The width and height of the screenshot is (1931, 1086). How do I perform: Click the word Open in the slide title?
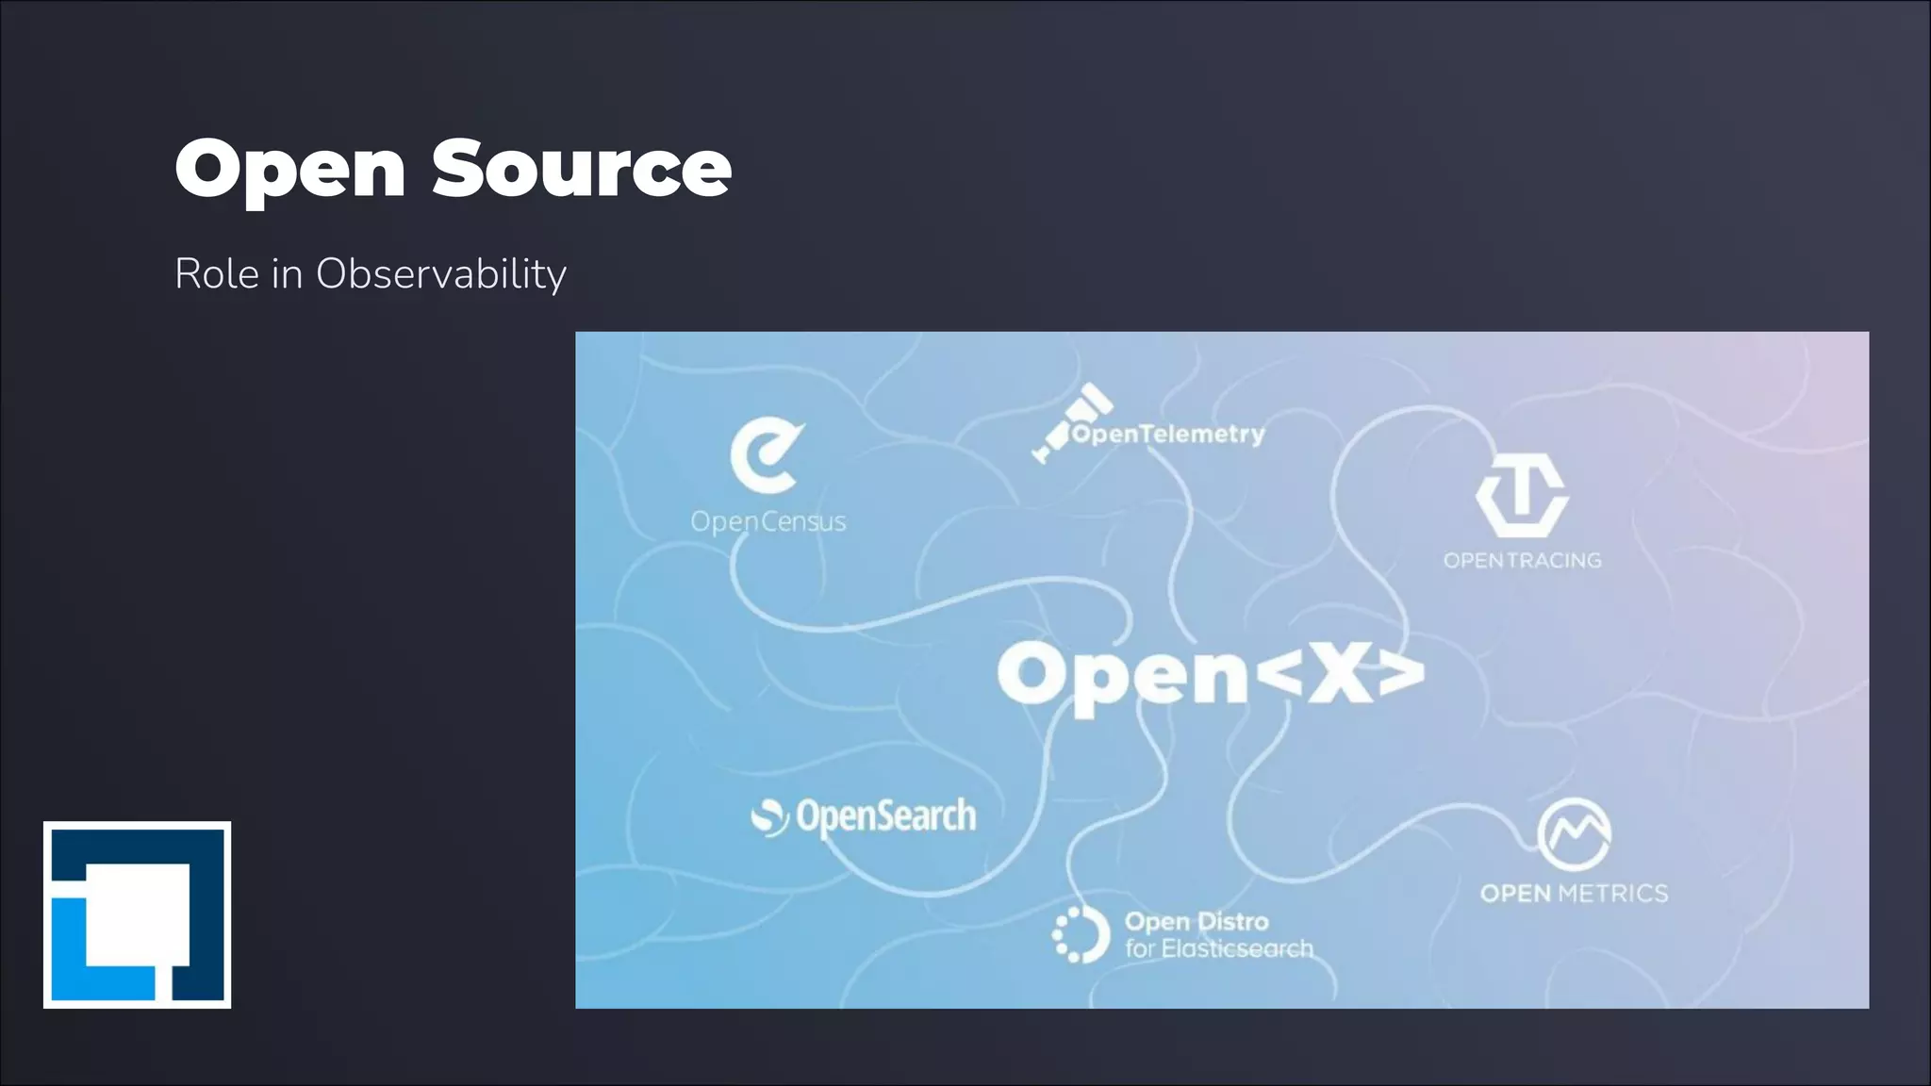290,170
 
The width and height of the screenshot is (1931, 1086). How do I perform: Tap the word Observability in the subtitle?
440,274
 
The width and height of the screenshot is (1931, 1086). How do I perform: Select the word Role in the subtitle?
216,274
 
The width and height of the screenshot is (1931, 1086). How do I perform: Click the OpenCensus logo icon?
766,456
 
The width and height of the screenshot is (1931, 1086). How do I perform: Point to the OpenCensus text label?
767,521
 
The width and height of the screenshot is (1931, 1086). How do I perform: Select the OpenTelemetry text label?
1168,435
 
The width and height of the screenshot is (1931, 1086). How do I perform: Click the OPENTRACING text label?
1522,560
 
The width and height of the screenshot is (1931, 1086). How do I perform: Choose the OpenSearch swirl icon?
769,817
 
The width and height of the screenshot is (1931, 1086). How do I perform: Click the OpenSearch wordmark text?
885,816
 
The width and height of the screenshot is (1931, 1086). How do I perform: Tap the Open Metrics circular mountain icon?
1574,834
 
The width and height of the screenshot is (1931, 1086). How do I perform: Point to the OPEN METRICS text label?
1574,893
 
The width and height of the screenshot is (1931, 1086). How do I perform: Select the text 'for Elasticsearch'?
1218,948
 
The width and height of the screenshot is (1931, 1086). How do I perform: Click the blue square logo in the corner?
138,914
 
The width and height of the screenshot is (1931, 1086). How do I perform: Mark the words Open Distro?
1197,921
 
